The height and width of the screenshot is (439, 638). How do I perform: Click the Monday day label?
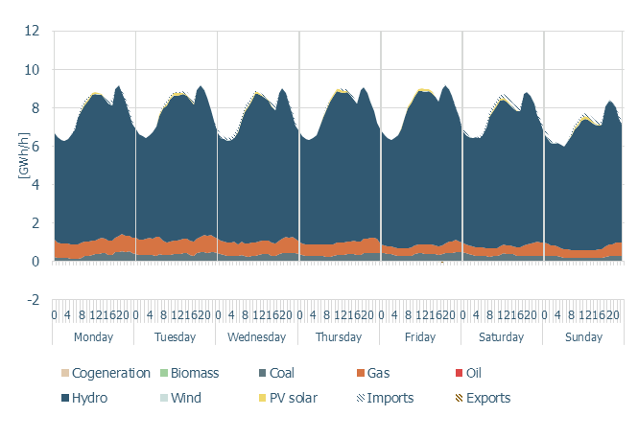[94, 336]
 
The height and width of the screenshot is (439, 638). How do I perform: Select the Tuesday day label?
[176, 336]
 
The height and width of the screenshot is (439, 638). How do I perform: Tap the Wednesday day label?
[257, 336]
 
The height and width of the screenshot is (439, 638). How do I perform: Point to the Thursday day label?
[339, 336]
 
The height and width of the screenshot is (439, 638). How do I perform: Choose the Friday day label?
[420, 336]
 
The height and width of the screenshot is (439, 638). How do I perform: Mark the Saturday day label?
[502, 336]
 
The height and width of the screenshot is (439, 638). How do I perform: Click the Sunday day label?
[583, 336]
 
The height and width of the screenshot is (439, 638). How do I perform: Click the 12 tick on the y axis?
[33, 31]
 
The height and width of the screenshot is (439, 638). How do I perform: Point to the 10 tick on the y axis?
[33, 69]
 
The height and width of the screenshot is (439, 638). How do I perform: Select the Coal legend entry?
[282, 373]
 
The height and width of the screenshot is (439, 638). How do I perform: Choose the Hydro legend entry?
[91, 397]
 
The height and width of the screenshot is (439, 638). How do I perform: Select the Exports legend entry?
[481, 397]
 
